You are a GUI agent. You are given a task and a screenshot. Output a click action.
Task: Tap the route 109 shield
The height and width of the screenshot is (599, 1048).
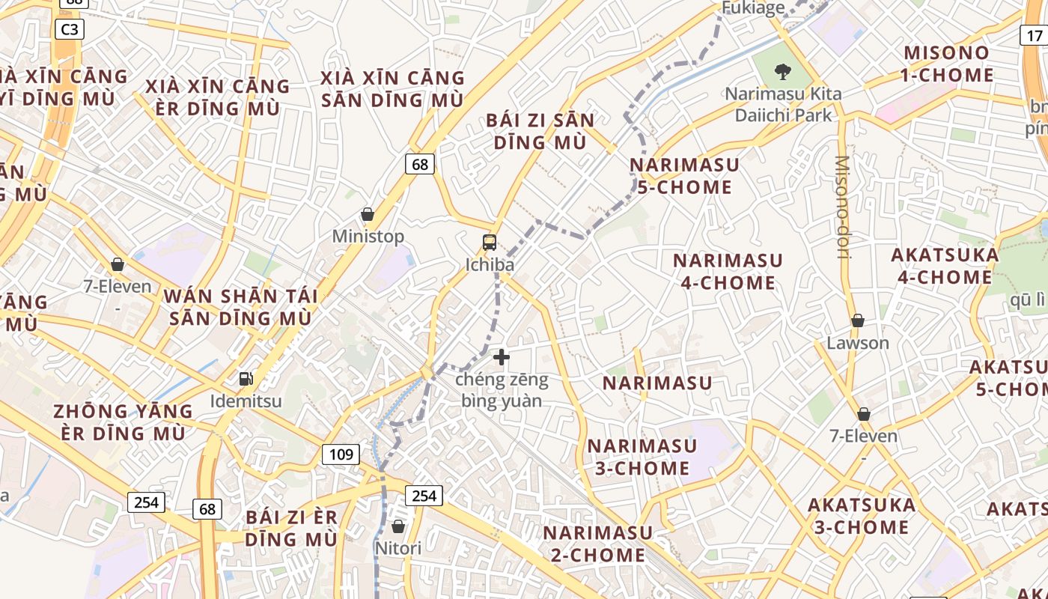point(341,454)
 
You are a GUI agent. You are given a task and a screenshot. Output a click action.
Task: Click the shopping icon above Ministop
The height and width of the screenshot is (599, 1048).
point(368,215)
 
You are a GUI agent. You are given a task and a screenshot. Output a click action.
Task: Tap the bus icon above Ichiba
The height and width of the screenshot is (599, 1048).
point(490,242)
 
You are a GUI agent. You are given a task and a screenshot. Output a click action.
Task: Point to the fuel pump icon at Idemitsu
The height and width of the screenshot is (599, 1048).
point(246,379)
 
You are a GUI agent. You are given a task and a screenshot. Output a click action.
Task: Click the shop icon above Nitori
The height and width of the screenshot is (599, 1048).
point(398,526)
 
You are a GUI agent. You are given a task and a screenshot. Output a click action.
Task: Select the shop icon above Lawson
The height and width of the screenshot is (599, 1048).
point(858,320)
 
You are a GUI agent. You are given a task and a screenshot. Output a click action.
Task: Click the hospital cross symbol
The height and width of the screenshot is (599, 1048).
point(502,357)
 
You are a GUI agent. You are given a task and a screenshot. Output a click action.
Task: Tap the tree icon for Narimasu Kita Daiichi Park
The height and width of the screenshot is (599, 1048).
point(782,72)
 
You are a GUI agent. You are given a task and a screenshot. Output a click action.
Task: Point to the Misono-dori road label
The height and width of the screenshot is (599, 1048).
point(843,207)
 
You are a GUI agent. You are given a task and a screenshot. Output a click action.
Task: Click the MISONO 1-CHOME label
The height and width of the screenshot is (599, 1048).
point(948,64)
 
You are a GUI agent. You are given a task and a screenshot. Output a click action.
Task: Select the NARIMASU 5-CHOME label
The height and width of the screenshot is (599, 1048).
point(684,175)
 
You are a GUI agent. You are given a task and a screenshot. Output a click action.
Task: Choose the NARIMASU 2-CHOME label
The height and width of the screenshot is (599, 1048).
point(598,544)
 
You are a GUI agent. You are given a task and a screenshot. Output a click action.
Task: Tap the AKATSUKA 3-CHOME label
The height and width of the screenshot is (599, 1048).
point(861,516)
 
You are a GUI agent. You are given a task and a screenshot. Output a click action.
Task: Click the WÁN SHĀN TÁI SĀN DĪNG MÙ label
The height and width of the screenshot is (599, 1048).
point(240,307)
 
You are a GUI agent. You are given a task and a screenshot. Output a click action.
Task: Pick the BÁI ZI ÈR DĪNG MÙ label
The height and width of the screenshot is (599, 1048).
point(291,528)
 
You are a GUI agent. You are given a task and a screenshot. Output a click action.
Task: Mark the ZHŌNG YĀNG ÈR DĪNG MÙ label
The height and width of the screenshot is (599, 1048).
point(123,422)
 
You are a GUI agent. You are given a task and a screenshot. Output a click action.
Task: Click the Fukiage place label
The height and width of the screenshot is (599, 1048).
point(752,8)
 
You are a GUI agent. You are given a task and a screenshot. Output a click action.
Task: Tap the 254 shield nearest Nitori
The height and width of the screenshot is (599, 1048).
point(424,495)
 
